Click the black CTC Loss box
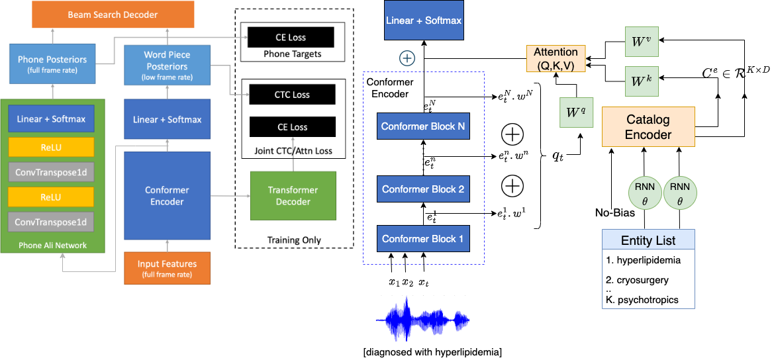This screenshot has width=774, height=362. (x=293, y=95)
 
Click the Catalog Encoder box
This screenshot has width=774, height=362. (x=648, y=127)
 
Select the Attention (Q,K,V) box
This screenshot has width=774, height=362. (x=556, y=58)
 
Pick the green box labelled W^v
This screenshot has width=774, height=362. (x=642, y=42)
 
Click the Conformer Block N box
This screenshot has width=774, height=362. (x=422, y=126)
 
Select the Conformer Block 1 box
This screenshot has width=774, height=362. (x=422, y=238)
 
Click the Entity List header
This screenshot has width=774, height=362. (x=648, y=240)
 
